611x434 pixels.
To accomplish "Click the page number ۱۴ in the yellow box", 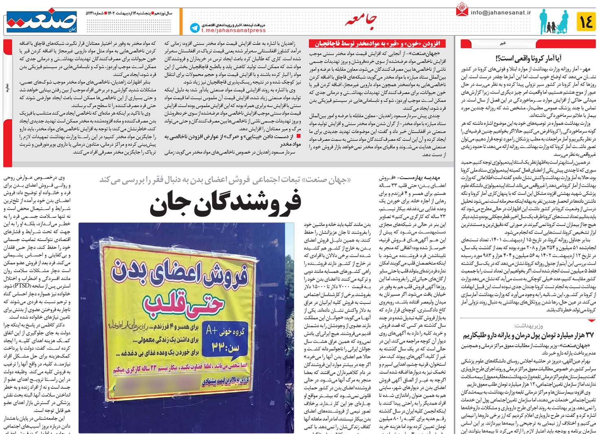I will coord(586,21).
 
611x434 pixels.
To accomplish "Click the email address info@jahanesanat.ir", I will coord(501,12).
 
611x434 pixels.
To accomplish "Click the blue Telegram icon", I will coord(195,28).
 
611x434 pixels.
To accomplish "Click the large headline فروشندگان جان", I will coord(225,204).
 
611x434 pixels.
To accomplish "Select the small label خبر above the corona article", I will coord(503,43).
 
